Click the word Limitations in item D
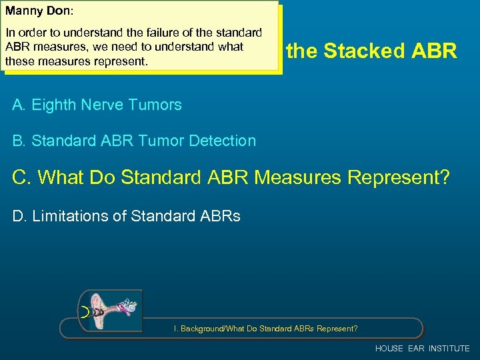click(65, 216)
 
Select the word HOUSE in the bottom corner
click(389, 349)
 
